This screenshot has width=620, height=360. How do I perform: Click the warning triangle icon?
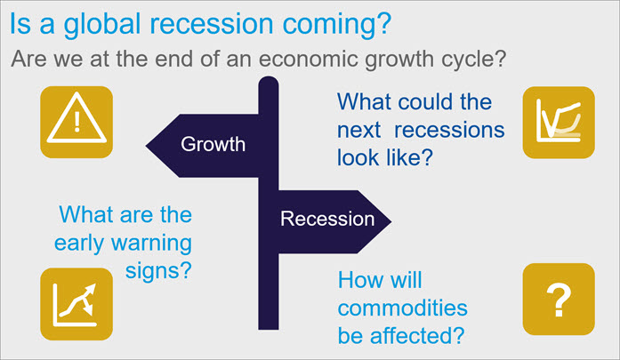coord(76,122)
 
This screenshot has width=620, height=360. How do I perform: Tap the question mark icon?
coord(559,300)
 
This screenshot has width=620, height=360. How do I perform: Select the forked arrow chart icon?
coord(76,304)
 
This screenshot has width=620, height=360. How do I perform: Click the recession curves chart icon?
coord(559,123)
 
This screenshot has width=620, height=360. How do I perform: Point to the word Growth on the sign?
coord(213,144)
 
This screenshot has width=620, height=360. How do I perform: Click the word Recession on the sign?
coord(327,219)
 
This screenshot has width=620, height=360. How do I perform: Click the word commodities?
coord(403,308)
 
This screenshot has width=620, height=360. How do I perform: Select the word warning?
coord(151,244)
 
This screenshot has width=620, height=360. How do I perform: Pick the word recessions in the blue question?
coord(449,131)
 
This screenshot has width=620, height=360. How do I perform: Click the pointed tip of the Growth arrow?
coord(146,146)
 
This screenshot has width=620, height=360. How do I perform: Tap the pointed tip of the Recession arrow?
coord(391,221)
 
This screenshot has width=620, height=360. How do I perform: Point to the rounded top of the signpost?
coord(269,78)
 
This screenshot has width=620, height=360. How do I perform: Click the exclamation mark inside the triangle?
coord(76,121)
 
